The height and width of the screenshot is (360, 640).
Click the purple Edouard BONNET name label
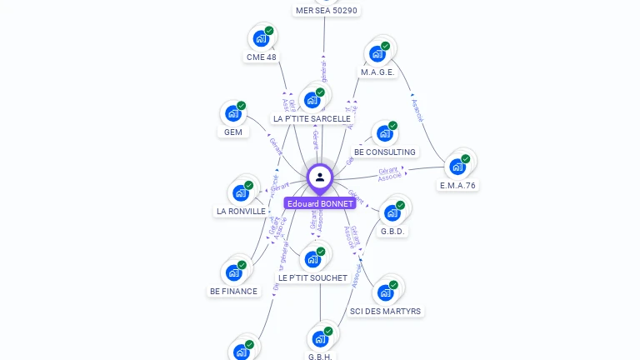pyautogui.click(x=320, y=203)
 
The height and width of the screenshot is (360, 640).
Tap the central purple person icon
pyautogui.click(x=320, y=177)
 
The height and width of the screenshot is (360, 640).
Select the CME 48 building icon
pyautogui.click(x=261, y=38)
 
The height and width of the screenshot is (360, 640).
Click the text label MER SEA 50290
pyautogui.click(x=327, y=11)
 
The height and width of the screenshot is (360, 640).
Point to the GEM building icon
pyautogui.click(x=233, y=113)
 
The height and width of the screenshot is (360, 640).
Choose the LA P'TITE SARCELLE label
pyautogui.click(x=312, y=119)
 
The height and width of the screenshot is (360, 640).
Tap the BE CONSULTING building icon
pyautogui.click(x=384, y=133)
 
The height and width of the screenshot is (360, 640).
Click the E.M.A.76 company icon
pyautogui.click(x=457, y=166)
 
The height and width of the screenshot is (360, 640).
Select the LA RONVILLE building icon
pyautogui.click(x=241, y=192)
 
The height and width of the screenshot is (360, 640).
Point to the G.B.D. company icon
pyautogui.click(x=392, y=212)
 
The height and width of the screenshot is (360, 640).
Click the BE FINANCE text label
pyautogui.click(x=233, y=292)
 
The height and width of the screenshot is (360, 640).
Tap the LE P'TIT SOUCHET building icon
pyautogui.click(x=312, y=259)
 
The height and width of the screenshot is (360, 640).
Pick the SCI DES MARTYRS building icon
pyautogui.click(x=385, y=292)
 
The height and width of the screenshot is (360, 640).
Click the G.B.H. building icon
pyautogui.click(x=320, y=339)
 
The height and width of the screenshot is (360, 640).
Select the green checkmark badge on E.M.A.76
pyautogui.click(x=466, y=158)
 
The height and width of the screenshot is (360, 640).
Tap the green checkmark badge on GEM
pyautogui.click(x=242, y=106)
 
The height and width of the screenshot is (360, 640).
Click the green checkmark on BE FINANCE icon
pyautogui.click(x=242, y=265)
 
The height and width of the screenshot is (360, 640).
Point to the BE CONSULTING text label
pyautogui.click(x=384, y=152)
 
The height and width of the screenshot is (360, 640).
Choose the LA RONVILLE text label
pyautogui.click(x=241, y=212)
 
